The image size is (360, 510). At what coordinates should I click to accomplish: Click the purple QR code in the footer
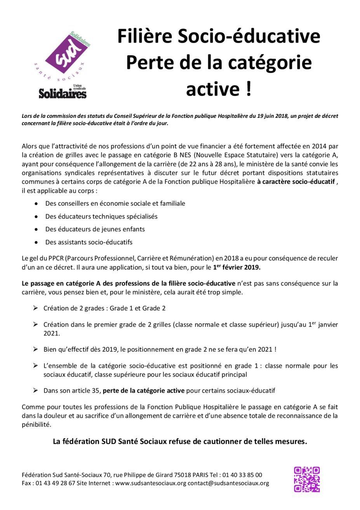(x=306, y=479)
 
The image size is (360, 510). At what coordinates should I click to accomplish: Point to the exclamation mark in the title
(x=248, y=89)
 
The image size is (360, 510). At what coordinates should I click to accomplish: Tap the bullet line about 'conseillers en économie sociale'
(x=115, y=203)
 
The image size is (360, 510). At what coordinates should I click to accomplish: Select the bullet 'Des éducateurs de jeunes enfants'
(x=95, y=229)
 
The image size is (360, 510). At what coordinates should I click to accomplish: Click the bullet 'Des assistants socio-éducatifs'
(x=89, y=242)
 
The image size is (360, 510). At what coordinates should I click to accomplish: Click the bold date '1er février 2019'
(x=236, y=267)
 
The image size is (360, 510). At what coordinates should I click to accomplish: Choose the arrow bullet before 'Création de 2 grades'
(x=35, y=308)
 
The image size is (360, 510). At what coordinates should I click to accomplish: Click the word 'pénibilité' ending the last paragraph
(x=36, y=424)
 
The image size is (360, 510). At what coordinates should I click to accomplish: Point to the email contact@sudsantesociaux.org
(x=228, y=483)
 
